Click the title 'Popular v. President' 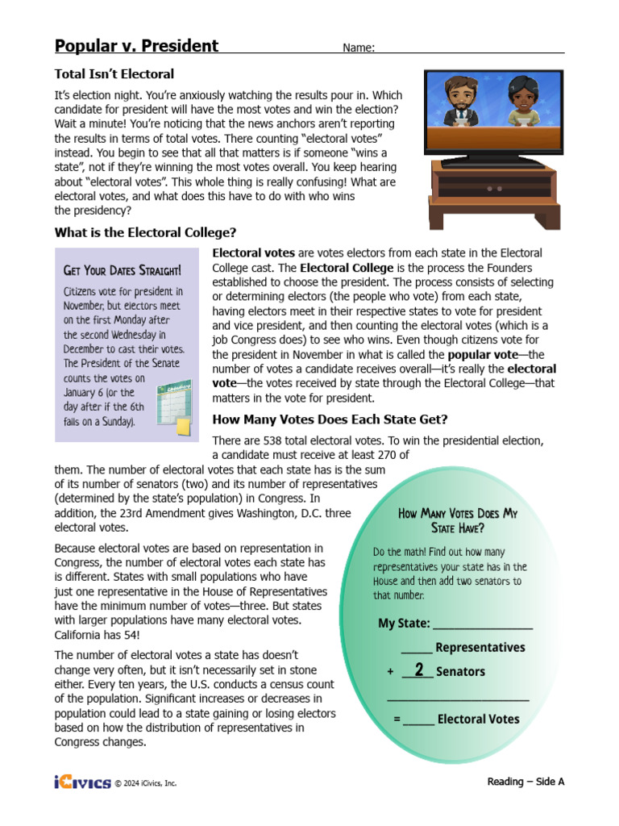[136, 46]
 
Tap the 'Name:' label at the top [359, 48]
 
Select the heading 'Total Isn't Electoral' [114, 74]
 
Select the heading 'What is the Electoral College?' [145, 232]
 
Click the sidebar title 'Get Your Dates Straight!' [122, 270]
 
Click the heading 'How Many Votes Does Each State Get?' [330, 419]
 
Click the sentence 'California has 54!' [101, 635]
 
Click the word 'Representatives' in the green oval [480, 648]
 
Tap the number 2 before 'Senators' [418, 670]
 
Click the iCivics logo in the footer [82, 782]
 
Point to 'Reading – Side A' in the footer [526, 782]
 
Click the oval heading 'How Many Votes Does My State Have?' [458, 520]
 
